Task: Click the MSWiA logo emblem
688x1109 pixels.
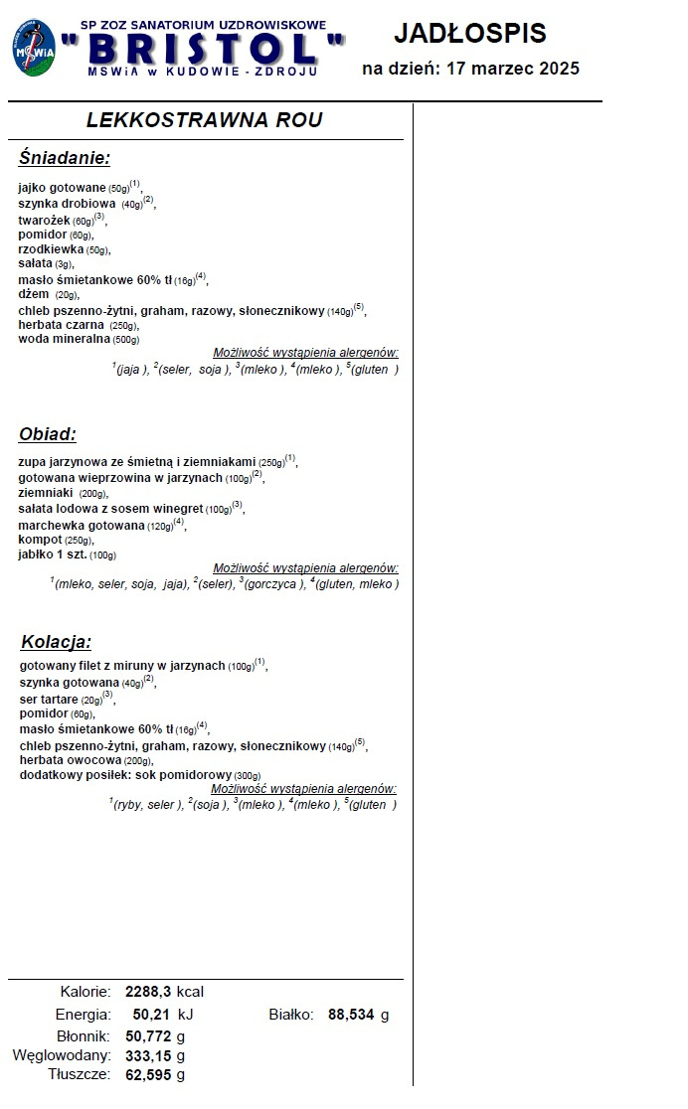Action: pos(35,47)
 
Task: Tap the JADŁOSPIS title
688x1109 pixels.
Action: pos(469,33)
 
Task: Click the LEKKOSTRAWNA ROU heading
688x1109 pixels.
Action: pos(204,120)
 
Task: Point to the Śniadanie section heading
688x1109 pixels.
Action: pos(64,158)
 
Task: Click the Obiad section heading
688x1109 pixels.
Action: pos(48,434)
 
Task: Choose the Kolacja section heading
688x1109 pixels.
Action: pos(56,642)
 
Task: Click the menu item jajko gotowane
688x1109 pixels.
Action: pos(63,187)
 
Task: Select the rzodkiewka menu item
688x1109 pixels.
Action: pos(51,249)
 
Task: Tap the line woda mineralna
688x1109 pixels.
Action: pos(62,338)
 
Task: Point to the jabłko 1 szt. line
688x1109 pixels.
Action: pos(53,554)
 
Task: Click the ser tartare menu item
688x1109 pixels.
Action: pos(49,699)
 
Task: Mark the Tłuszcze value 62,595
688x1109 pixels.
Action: pos(148,1074)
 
